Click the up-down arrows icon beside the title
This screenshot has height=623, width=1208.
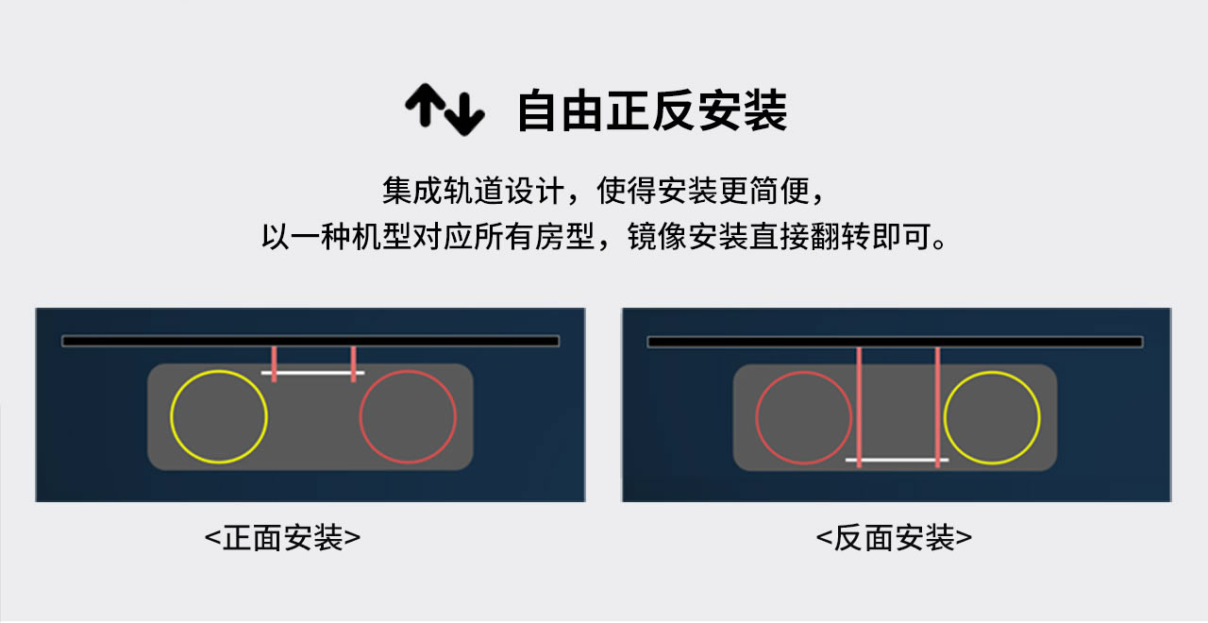(x=445, y=109)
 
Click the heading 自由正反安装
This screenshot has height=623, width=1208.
(x=651, y=110)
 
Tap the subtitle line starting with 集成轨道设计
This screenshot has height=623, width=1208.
(x=605, y=191)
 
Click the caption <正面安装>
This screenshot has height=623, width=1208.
(x=282, y=538)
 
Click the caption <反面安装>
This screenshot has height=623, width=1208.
(x=894, y=538)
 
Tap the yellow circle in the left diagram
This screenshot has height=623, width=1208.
(x=219, y=417)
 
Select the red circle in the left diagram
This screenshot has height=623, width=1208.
(x=408, y=417)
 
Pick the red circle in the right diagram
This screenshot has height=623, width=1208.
(x=804, y=417)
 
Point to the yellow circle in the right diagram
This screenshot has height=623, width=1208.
(x=992, y=417)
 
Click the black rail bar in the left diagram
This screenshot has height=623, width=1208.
(x=310, y=341)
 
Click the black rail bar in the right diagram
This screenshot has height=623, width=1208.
(x=895, y=341)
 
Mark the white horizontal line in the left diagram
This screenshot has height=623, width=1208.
(x=313, y=373)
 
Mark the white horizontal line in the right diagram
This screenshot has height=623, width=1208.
(x=897, y=461)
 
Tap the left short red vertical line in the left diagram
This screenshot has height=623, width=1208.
(x=274, y=363)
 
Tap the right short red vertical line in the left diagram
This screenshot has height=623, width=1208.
(x=353, y=363)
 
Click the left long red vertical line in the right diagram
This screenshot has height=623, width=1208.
(x=859, y=406)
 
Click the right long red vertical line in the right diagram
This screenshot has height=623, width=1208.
(x=937, y=406)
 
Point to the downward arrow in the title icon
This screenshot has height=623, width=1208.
(x=464, y=114)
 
